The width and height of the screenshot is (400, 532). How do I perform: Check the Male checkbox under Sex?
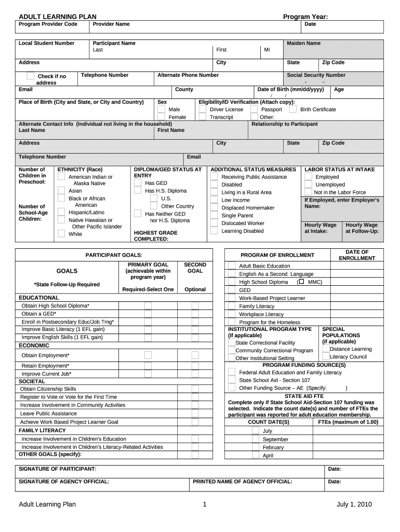coord(161,110)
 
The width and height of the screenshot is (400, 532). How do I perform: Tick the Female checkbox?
coord(161,117)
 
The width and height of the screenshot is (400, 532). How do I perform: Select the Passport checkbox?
coord(254,110)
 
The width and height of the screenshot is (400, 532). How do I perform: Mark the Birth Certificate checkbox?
coord(293,110)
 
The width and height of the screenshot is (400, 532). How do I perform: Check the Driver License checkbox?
coord(202,110)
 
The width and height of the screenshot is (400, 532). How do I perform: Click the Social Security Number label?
coord(316,75)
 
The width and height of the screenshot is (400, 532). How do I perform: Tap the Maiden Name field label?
coord(303,43)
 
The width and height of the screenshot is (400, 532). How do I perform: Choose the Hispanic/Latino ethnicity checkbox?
coord(61,212)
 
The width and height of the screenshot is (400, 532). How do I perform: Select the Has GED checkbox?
coord(138,183)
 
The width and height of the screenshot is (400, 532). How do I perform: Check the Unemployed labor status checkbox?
coord(307,184)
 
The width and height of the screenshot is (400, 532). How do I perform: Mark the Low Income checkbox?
coord(214,200)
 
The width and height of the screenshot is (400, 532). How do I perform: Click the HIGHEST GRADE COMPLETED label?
coord(155,236)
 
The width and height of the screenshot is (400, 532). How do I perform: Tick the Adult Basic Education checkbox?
coord(231,266)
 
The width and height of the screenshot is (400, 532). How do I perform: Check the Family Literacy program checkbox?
coord(231,306)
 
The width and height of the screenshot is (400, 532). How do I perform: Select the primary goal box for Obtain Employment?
coord(148,355)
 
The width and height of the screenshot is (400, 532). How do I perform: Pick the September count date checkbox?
coord(255,439)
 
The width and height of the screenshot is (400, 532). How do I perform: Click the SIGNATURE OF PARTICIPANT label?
coord(57,469)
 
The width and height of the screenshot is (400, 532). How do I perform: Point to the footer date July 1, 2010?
coord(353,504)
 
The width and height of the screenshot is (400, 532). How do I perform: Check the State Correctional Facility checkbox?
coord(231,342)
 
